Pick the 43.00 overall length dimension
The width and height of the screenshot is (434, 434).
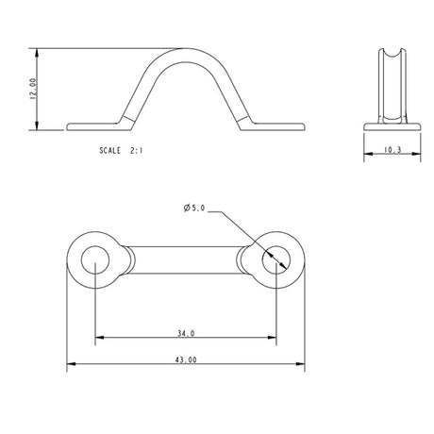186,360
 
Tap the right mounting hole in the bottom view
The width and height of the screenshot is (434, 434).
275,259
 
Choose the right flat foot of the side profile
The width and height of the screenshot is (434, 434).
277,123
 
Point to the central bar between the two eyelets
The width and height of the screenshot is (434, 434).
186,259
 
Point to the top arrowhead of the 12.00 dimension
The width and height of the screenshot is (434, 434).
38,51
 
